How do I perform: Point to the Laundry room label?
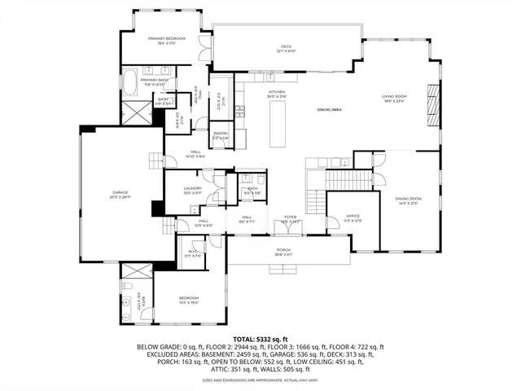[x=192, y=191]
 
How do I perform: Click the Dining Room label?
[x=408, y=200]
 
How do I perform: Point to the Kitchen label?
[x=278, y=93]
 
